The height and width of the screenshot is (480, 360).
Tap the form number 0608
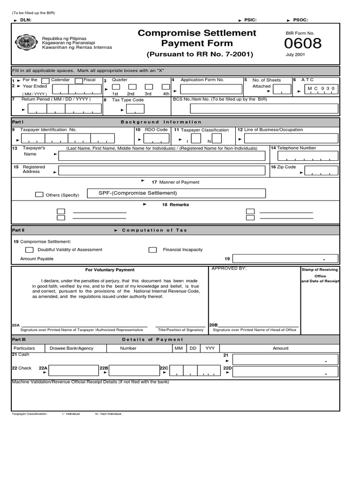coord(303,44)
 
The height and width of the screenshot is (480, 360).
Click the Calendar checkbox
coord(45,81)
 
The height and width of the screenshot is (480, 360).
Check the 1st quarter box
coord(116,87)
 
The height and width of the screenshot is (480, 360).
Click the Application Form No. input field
coord(209,90)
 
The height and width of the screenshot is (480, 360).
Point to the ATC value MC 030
coord(322,89)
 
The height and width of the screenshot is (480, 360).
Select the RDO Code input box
coord(154,138)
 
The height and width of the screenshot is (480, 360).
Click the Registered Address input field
coord(162,172)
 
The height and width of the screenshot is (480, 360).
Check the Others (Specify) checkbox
coord(39,195)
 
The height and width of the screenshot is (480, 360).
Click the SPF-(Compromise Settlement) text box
coord(181,193)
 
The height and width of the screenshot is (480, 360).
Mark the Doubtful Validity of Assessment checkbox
coord(30,250)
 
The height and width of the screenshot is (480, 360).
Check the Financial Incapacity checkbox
coord(153,250)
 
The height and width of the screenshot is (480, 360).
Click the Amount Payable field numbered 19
coord(285,258)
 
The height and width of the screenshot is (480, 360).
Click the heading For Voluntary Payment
coord(110,270)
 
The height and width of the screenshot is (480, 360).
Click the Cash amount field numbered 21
coord(285,360)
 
